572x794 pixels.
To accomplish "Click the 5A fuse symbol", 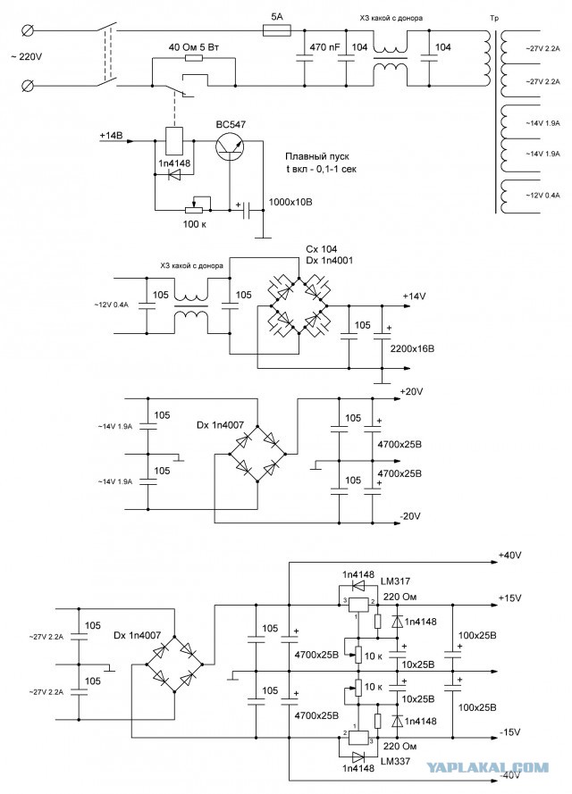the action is click(x=277, y=31).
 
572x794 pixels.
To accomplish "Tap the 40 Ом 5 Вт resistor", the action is click(x=194, y=59).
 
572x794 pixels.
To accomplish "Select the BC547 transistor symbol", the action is click(x=230, y=146).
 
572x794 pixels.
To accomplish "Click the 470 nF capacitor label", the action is click(x=324, y=47).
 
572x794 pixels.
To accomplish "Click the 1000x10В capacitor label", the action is click(x=290, y=202).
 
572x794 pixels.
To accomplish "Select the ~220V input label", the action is click(x=26, y=57).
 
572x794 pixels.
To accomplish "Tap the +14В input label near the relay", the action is click(x=112, y=136).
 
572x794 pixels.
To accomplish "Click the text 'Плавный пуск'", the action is click(x=317, y=156).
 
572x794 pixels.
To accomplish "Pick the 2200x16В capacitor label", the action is click(x=412, y=349).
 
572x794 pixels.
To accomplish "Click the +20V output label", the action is click(x=411, y=392).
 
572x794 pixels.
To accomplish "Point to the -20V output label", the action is click(x=410, y=516).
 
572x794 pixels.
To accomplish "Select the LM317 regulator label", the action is click(x=395, y=581).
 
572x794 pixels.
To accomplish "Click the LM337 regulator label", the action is click(x=395, y=761).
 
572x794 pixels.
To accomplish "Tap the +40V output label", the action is click(x=509, y=556).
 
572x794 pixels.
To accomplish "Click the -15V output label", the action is click(x=509, y=732).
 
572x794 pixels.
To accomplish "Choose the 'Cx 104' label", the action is click(x=321, y=249).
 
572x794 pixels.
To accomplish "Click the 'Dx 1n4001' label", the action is click(x=329, y=260).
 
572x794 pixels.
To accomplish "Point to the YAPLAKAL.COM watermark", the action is click(x=487, y=767).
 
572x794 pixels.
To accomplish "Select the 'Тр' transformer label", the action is click(x=494, y=18).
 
